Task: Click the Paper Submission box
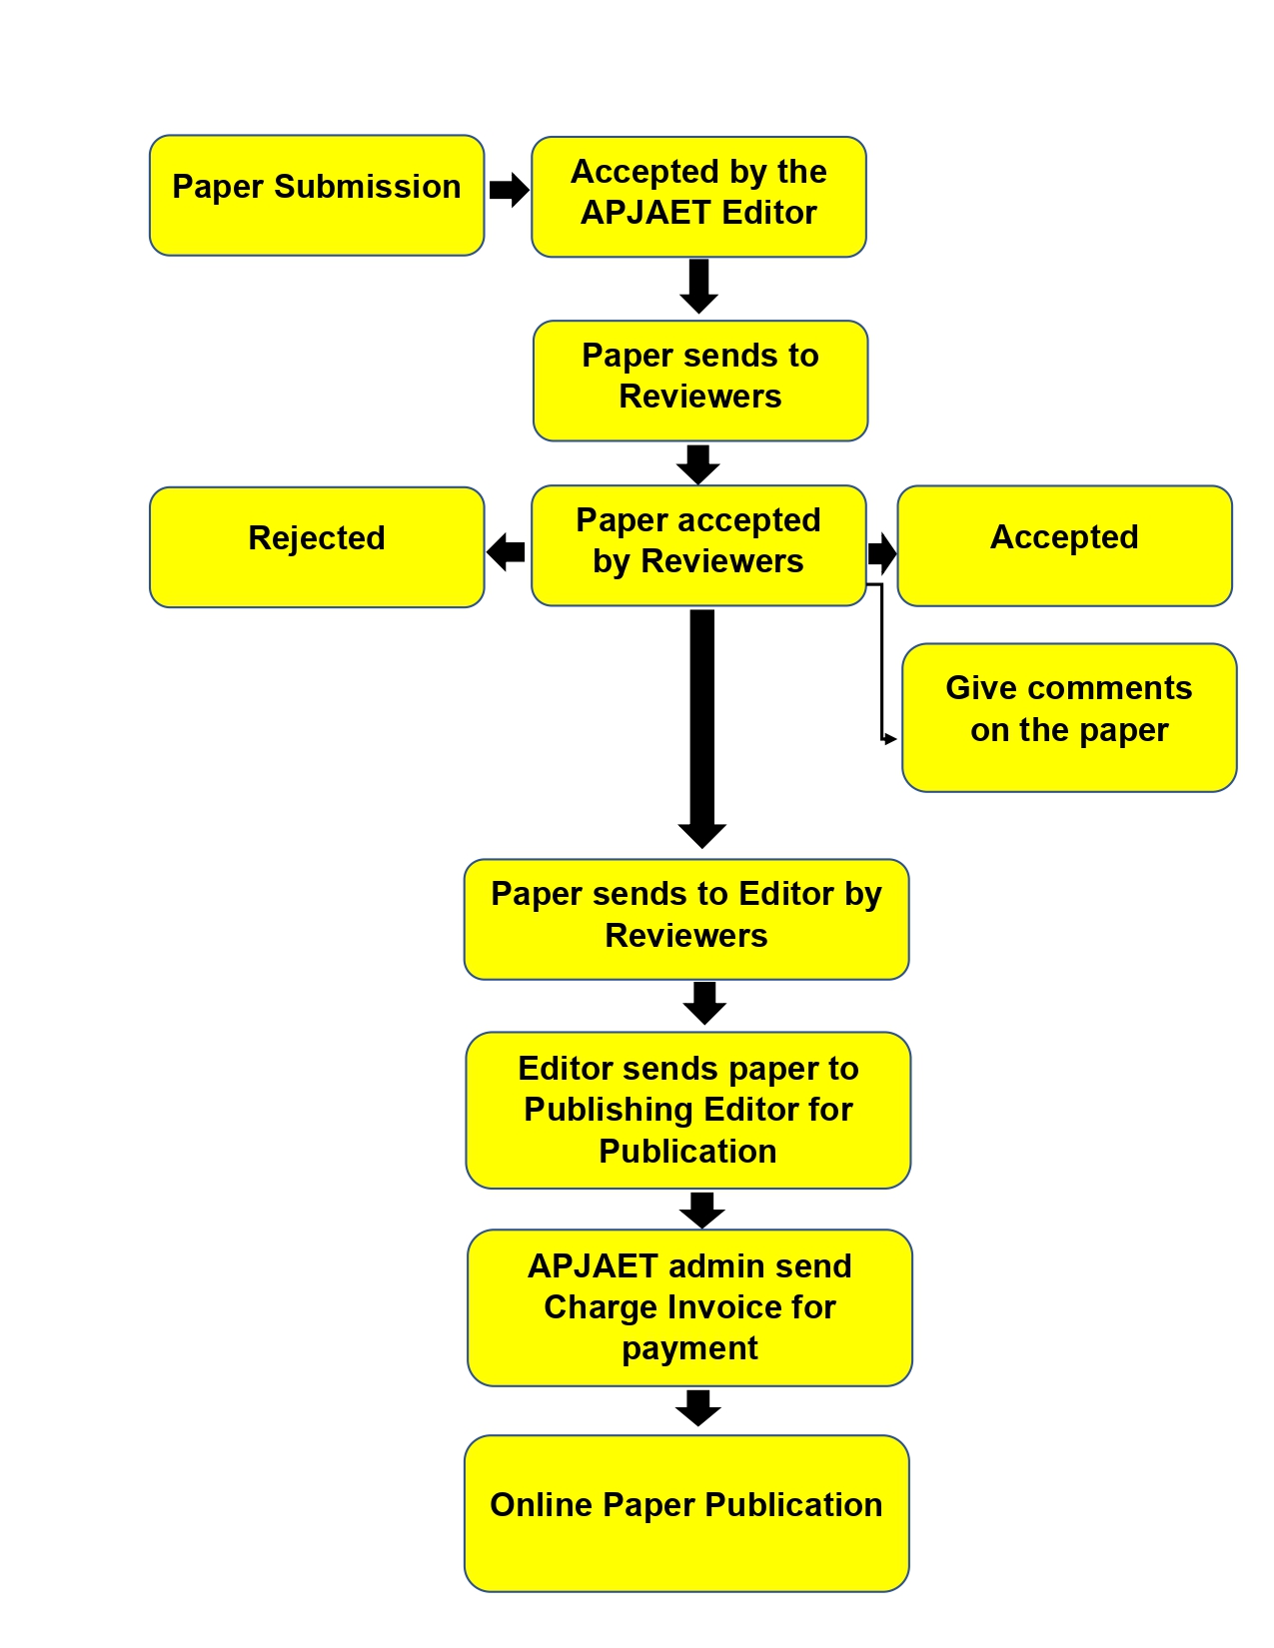click(x=317, y=196)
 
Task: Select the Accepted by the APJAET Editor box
click(x=698, y=197)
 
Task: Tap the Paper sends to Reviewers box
click(x=699, y=381)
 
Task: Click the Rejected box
click(x=317, y=547)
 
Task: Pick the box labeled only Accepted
click(x=1064, y=546)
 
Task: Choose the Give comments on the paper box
click(x=1069, y=717)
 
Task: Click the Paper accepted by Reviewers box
click(x=698, y=545)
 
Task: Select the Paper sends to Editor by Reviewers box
click(x=686, y=919)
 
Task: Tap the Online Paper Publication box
click(x=686, y=1512)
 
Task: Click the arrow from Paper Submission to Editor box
click(x=509, y=189)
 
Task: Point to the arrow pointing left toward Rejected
click(x=506, y=550)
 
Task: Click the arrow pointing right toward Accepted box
click(x=881, y=552)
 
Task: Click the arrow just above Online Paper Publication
click(x=698, y=1407)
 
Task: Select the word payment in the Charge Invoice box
click(x=689, y=1348)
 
